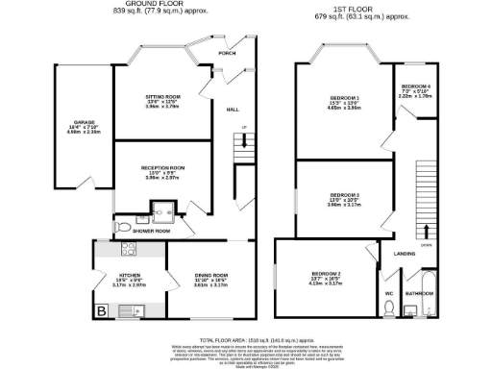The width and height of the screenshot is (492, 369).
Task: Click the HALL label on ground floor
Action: (x=233, y=111)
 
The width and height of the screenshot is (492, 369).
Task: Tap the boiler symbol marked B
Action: (x=101, y=310)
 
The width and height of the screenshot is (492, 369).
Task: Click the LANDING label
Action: (x=404, y=254)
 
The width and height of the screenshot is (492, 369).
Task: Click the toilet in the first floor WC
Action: (x=389, y=307)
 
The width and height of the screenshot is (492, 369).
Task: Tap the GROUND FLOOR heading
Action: (x=136, y=5)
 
